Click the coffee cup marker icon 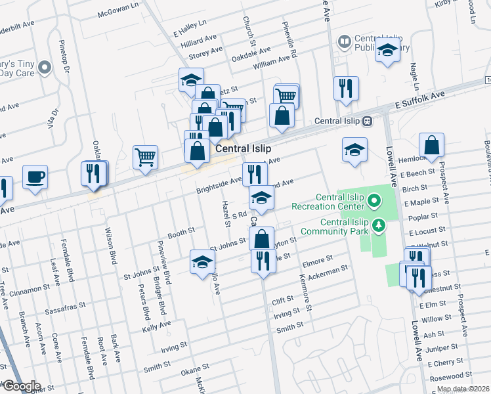pos(35,176)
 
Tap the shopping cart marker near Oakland pos(145,157)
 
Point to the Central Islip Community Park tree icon pos(378,227)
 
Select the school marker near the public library pos(388,51)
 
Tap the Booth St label pos(181,232)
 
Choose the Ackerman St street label pos(327,273)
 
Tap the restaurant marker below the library pos(346,87)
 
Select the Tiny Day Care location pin pos(45,67)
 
